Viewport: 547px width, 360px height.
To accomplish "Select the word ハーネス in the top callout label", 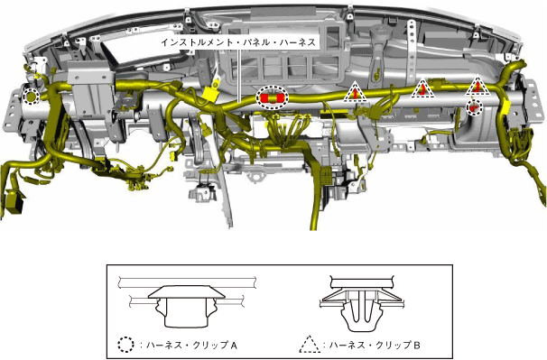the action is point(295,42).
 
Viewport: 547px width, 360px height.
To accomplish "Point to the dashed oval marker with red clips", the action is point(273,97).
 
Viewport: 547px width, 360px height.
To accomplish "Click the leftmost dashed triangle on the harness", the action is point(355,92).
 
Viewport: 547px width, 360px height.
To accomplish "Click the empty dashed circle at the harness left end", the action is point(31,96).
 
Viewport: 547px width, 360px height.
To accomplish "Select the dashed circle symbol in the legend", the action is point(125,345).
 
